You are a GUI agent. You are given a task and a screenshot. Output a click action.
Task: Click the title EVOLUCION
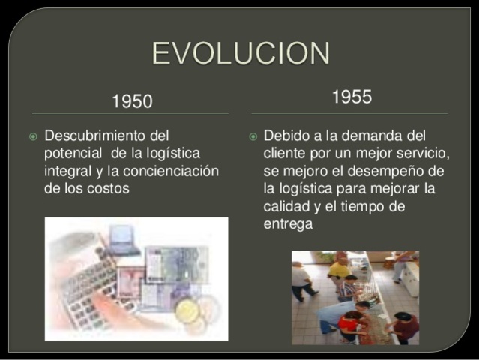[x=240, y=54]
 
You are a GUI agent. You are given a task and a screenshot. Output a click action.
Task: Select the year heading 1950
[x=132, y=101]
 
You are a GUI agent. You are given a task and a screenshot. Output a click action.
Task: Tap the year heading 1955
[x=351, y=97]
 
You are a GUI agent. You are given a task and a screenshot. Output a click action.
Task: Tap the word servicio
[x=422, y=154]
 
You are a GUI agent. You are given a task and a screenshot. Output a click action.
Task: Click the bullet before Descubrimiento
[x=33, y=137]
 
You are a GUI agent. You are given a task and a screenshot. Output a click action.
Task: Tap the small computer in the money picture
[x=124, y=238]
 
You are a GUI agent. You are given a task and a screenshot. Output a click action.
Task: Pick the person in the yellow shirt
[x=339, y=266]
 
